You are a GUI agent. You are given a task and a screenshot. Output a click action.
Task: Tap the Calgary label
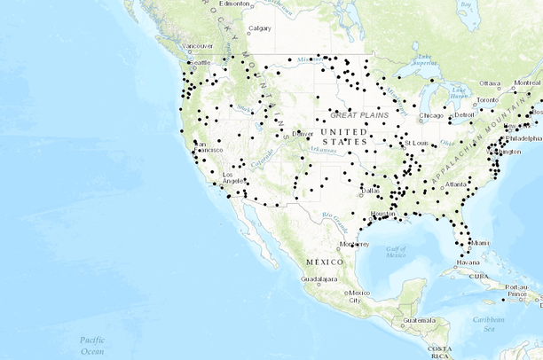tap(260, 28)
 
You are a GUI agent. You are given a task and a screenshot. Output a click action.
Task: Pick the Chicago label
tap(431, 116)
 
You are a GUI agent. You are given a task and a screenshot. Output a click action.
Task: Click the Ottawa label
tap(491, 83)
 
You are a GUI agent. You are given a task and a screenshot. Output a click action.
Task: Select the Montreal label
tap(527, 82)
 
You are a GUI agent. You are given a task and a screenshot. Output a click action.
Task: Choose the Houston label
tap(382, 215)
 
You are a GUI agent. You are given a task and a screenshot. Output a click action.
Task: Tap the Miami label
tap(480, 243)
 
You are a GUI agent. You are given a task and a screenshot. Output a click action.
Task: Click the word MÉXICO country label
tap(323, 262)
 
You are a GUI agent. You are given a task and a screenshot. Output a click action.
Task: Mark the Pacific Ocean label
tap(92, 345)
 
